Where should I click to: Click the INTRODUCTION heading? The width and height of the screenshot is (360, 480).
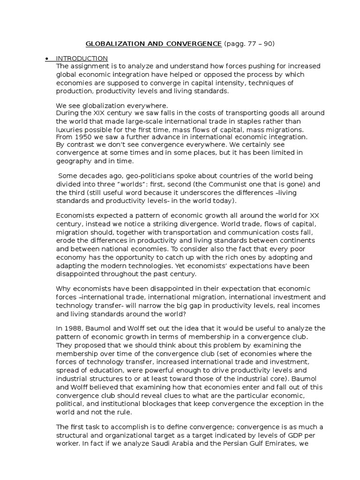[x=82, y=59]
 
